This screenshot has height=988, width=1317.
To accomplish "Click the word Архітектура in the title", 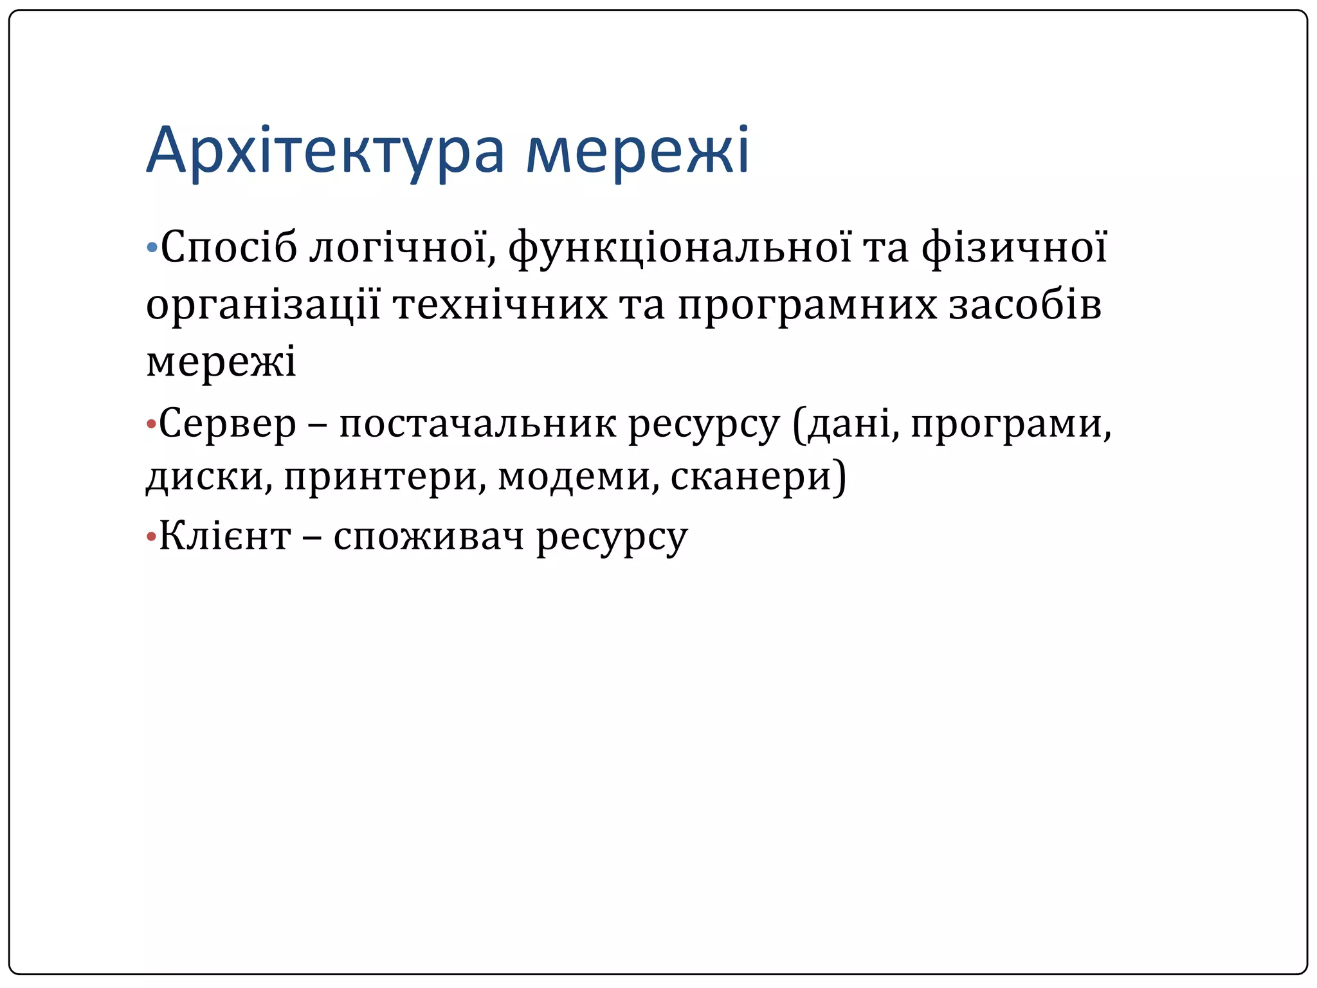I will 325,152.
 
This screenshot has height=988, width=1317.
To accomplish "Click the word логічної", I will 399,248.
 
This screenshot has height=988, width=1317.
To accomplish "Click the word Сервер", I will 228,425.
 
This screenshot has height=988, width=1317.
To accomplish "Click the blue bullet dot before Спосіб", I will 152,247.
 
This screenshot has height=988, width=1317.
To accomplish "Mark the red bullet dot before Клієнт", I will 151,536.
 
